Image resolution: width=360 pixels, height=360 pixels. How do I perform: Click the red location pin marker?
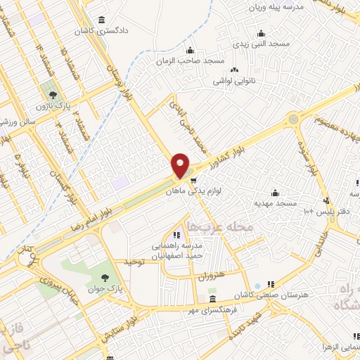coord(181,165)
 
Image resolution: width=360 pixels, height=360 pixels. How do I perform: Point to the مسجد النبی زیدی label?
coord(261,44)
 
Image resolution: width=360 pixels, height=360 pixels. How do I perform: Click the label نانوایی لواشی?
coord(234,81)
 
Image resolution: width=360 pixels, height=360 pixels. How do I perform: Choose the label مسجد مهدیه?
coord(274,202)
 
